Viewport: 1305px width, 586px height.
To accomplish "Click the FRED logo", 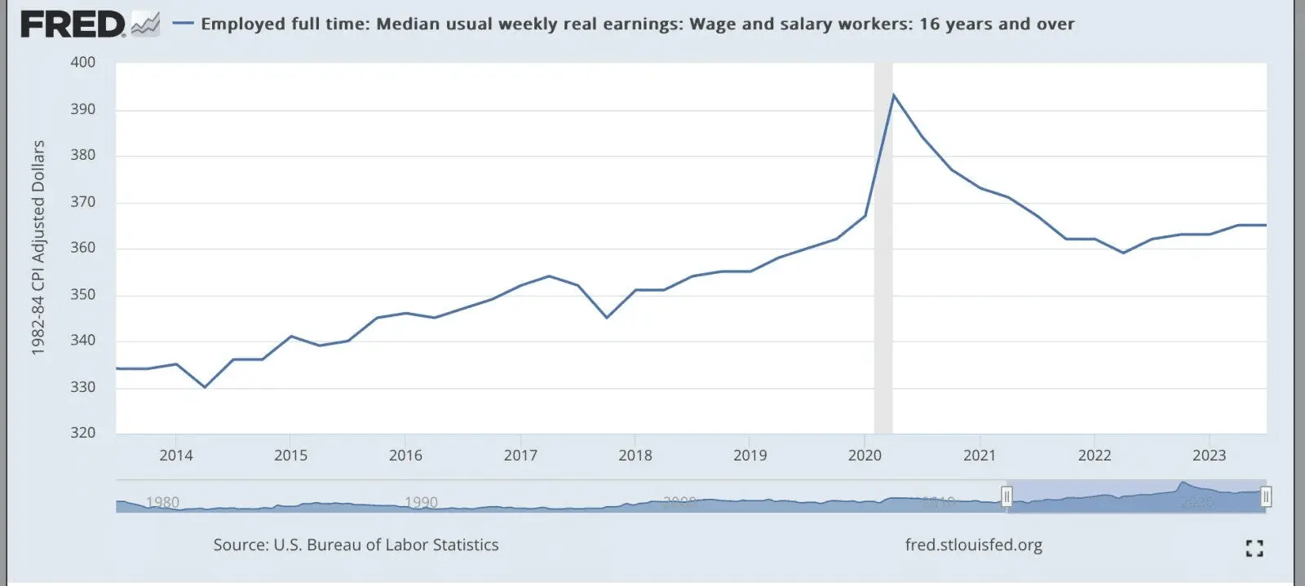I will (73, 24).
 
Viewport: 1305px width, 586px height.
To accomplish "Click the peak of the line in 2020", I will (893, 95).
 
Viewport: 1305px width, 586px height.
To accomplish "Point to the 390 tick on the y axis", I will (82, 109).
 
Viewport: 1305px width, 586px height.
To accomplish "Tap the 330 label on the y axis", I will (82, 387).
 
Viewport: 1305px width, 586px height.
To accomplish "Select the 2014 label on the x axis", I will (176, 456).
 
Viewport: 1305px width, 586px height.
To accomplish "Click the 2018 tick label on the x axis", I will (635, 456).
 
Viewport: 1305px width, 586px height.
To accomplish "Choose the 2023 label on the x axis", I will (1209, 456).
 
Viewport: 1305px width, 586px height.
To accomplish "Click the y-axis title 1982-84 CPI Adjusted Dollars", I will (38, 248).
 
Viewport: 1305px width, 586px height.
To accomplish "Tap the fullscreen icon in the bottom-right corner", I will (1254, 549).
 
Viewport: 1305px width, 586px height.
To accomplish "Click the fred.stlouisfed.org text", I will (973, 544).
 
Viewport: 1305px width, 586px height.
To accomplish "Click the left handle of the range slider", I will (1006, 496).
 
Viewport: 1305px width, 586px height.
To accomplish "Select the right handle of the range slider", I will (1266, 496).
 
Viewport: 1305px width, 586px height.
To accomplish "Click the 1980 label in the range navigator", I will (162, 502).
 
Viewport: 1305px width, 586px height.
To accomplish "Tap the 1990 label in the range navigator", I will (421, 502).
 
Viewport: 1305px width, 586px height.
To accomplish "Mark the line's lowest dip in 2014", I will (205, 387).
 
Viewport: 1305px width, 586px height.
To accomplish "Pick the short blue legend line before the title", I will (184, 24).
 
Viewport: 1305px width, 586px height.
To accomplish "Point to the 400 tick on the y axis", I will (82, 62).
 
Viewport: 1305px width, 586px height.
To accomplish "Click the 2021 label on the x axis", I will (980, 456).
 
